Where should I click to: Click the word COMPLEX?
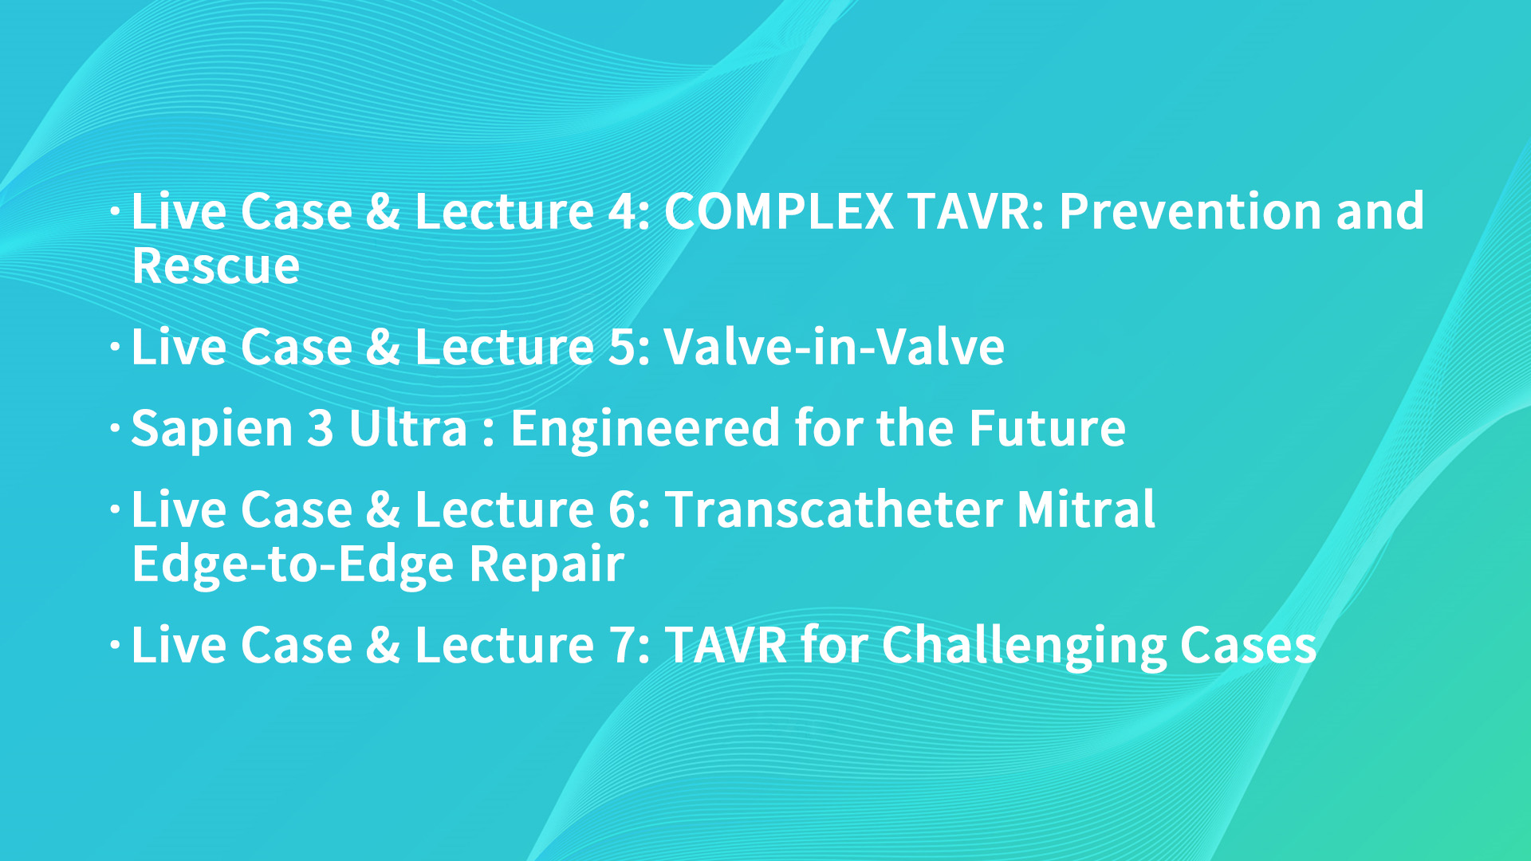[x=778, y=211]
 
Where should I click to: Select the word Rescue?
[x=216, y=265]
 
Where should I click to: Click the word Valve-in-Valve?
[x=834, y=347]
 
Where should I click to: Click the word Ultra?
[x=407, y=428]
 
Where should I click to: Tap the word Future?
[x=1047, y=428]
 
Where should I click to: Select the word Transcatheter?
[x=834, y=509]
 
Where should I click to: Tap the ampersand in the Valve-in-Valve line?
[x=383, y=348]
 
